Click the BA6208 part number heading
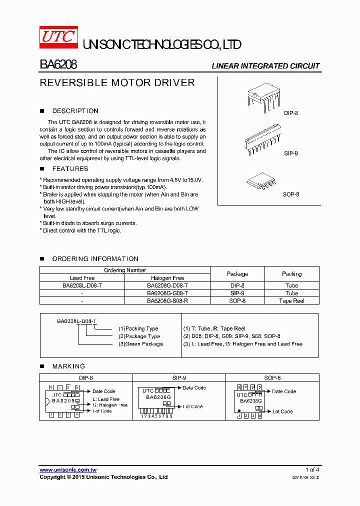(58, 65)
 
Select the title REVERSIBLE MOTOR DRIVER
(117, 83)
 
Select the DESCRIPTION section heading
(75, 111)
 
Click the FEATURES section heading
(70, 169)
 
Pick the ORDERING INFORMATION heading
(95, 259)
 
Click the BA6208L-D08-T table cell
(82, 285)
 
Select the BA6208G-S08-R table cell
(167, 301)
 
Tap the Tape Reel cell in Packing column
(291, 301)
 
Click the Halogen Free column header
(167, 278)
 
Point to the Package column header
(237, 274)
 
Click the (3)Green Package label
(140, 344)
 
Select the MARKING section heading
(68, 366)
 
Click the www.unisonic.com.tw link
(68, 470)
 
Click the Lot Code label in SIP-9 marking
(192, 406)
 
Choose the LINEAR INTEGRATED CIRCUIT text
(265, 66)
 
